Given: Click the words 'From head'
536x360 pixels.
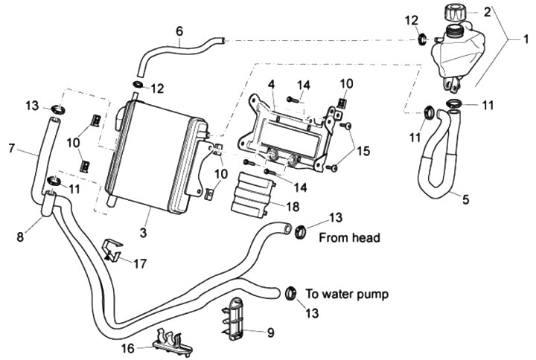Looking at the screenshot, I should (x=349, y=238).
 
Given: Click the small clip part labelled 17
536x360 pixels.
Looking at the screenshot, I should (x=112, y=251).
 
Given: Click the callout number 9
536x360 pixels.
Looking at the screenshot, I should (x=270, y=332).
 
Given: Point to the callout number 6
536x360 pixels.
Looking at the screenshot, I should (x=179, y=30).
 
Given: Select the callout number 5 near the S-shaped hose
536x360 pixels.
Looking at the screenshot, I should (x=466, y=199).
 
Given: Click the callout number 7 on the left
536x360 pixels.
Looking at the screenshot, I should (x=12, y=149).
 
